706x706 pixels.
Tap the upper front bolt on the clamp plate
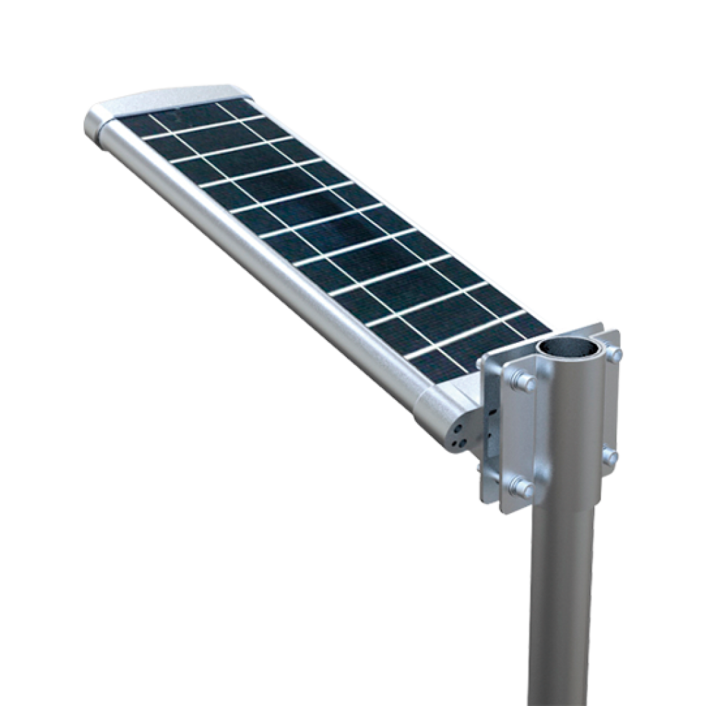(523, 381)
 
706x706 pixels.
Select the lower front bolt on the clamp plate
(522, 487)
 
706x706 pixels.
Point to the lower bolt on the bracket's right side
(609, 456)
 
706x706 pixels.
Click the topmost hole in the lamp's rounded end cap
(459, 428)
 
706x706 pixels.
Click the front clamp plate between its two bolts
(521, 434)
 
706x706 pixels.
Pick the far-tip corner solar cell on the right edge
(238, 108)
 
